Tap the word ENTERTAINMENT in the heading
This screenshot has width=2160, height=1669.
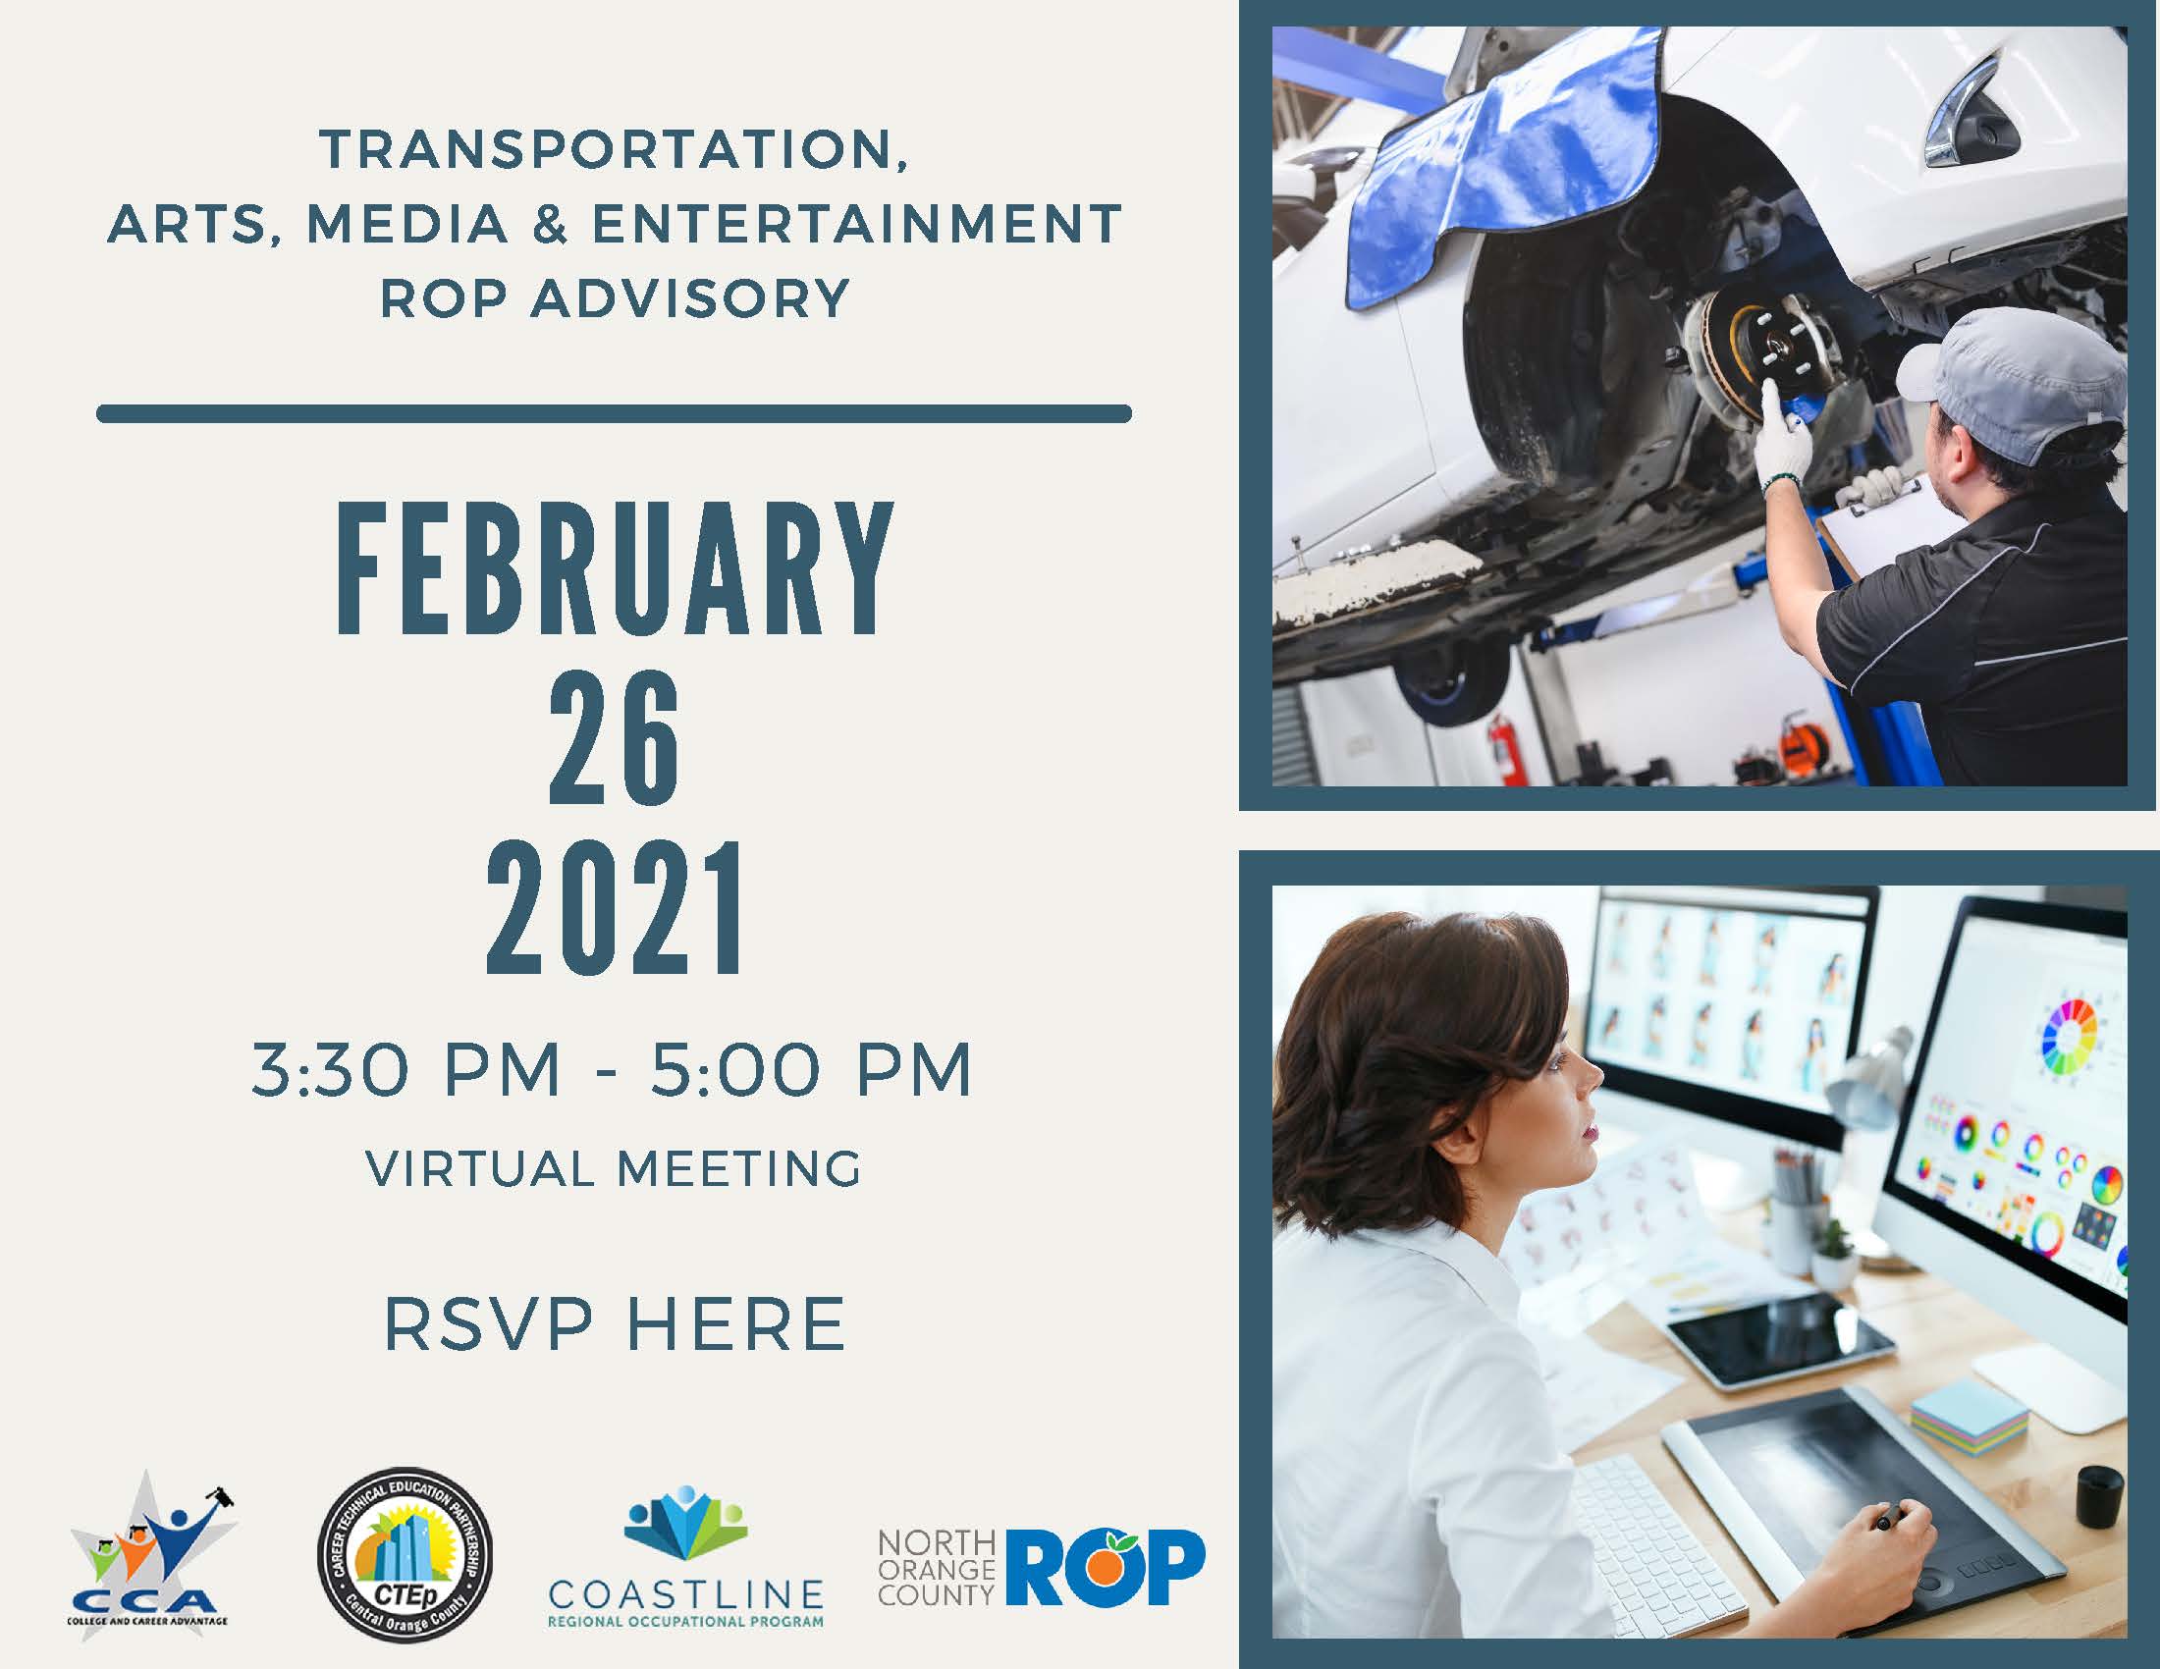[856, 224]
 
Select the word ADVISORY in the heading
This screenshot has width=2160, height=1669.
[690, 297]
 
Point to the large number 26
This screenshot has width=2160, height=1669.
[616, 737]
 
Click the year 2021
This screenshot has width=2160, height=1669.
[616, 909]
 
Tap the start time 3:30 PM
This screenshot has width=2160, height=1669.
[406, 1070]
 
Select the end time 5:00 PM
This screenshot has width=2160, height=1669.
[811, 1070]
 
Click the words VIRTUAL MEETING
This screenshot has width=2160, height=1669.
[615, 1168]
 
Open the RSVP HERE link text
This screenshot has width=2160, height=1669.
[615, 1324]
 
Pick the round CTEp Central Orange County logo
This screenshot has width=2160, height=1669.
[405, 1554]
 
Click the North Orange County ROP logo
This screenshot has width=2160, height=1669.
[1042, 1568]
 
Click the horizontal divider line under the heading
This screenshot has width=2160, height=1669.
[615, 413]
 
